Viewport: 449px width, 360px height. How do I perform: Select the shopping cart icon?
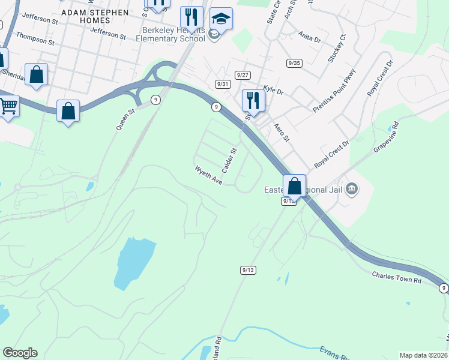(7, 106)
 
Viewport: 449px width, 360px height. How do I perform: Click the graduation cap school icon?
(221, 20)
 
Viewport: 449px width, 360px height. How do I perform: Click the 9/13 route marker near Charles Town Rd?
(249, 270)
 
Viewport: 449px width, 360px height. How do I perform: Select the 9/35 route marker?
(294, 63)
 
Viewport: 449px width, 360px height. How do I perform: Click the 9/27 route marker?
(243, 75)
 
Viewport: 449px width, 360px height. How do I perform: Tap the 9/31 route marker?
(223, 84)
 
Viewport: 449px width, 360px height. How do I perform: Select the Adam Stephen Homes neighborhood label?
(95, 16)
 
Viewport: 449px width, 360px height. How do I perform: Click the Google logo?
(20, 353)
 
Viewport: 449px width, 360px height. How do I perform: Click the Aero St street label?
(282, 130)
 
